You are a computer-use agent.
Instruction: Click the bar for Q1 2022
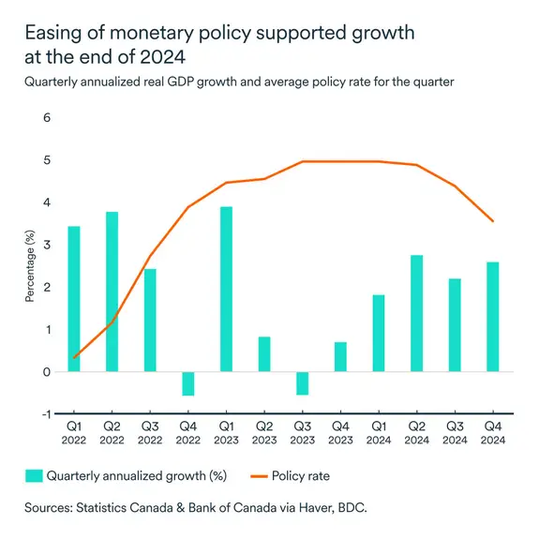74,299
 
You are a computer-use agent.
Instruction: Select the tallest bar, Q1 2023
226,289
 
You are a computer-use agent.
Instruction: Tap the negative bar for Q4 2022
188,383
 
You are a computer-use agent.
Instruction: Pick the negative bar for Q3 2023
303,383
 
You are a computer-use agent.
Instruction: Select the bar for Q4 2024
493,317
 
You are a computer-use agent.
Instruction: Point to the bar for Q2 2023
264,354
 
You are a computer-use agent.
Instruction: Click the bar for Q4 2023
340,357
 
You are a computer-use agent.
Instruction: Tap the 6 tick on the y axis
48,119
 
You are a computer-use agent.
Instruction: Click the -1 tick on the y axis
46,413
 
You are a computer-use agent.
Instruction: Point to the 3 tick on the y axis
48,246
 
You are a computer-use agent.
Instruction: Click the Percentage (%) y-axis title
29,267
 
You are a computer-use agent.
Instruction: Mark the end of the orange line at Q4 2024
493,221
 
